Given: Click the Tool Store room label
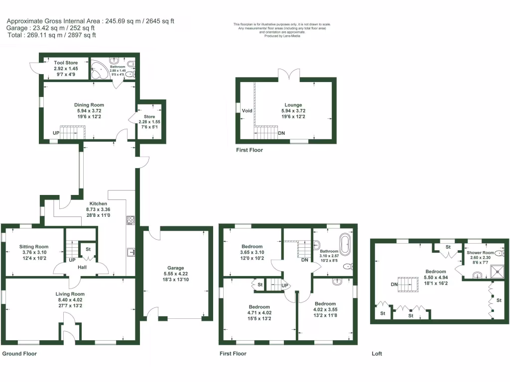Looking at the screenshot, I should coord(66,63).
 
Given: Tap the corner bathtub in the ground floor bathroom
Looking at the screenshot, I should coord(100,70).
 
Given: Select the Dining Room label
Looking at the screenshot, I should coord(89,105).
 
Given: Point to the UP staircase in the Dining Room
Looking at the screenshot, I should coord(73,133).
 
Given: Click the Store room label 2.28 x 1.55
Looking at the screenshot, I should coord(150,117).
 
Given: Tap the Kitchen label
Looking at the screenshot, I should coord(98,204).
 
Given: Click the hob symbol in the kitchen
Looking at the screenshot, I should coord(131,220).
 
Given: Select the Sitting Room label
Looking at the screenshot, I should coord(34,247).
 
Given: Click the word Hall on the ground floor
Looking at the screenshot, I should coord(83,268).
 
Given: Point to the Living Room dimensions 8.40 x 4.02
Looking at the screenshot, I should coord(70,300).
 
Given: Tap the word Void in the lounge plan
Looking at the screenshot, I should coord(248,110).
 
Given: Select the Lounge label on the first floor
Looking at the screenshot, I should coord(293,105).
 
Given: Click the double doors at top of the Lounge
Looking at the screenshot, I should coord(289,74).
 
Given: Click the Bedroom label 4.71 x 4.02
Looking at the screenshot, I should coord(259,307).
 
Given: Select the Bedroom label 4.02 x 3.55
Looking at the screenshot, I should coord(325,303).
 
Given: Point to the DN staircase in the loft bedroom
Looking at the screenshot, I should coord(409,285).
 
